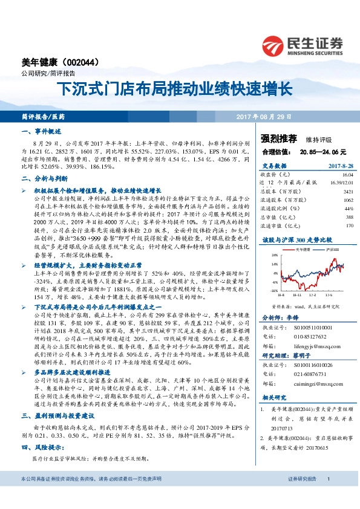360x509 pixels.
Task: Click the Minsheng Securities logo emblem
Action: point(272,44)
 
